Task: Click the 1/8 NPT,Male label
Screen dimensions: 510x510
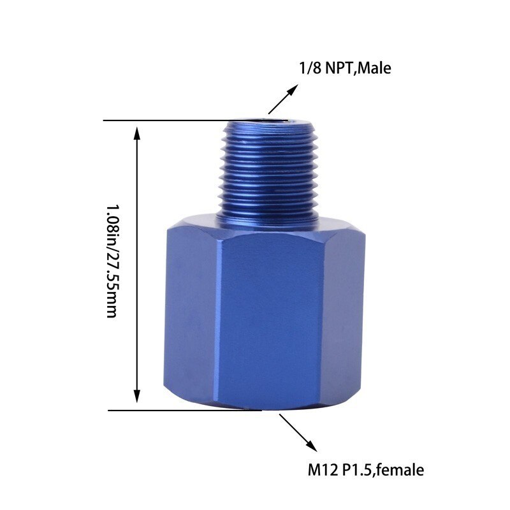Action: (344, 68)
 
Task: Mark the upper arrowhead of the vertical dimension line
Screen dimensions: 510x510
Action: (136, 130)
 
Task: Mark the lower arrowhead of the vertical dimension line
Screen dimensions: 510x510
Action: (136, 400)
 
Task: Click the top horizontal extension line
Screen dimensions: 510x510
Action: (166, 120)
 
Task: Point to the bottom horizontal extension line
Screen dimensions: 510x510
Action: (185, 410)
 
